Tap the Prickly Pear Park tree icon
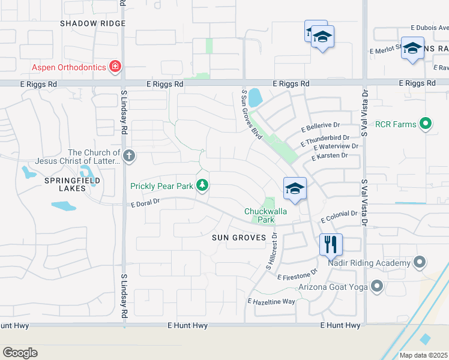click(x=203, y=185)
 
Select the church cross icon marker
click(x=128, y=157)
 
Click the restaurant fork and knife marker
click(x=331, y=244)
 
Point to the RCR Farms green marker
click(x=426, y=124)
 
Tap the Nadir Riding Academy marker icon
click(x=420, y=262)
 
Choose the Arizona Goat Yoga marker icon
click(x=377, y=286)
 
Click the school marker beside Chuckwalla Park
click(x=295, y=188)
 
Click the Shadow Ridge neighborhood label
click(x=93, y=23)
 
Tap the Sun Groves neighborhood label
click(x=239, y=238)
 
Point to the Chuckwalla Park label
click(x=265, y=215)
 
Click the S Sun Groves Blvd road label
click(x=252, y=115)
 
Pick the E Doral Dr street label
click(x=145, y=203)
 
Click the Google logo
click(x=20, y=353)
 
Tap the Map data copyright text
click(x=423, y=355)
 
